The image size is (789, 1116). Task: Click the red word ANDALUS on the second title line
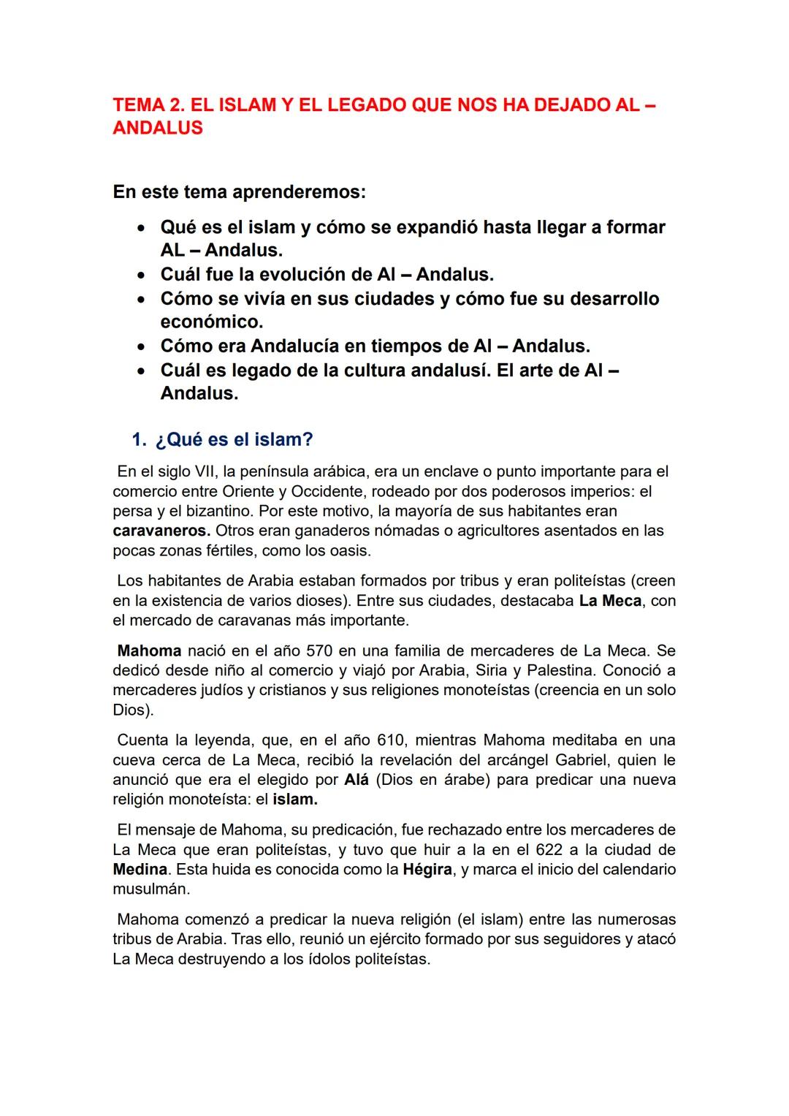[158, 128]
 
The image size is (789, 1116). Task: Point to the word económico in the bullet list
[211, 322]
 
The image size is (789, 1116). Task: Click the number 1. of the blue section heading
[139, 440]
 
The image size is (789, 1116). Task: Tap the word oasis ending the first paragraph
[350, 550]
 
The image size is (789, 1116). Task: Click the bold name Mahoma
[149, 650]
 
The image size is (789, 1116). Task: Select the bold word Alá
[357, 780]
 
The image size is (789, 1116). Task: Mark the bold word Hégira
[427, 870]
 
